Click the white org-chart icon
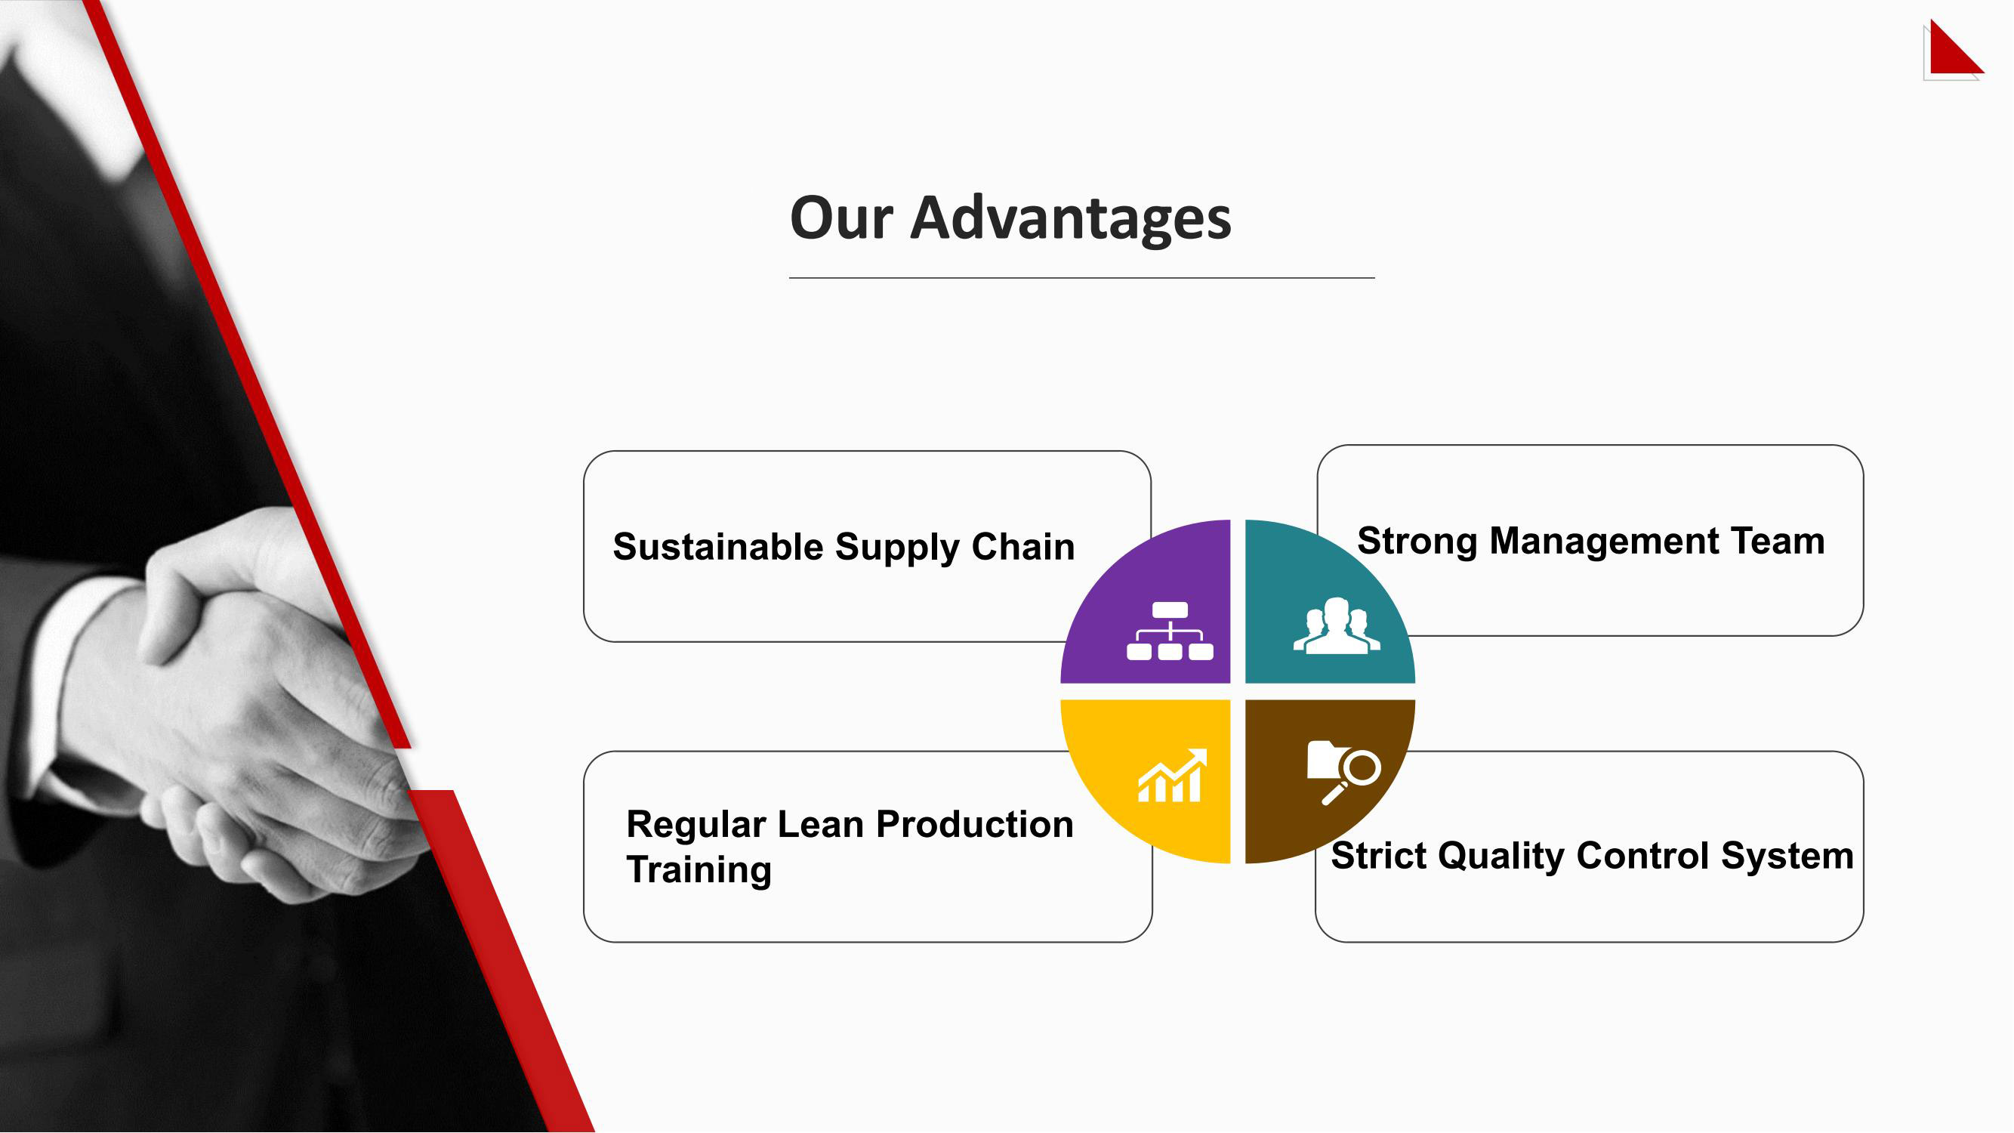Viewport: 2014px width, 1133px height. tap(1170, 631)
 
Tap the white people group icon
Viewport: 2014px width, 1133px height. tap(1336, 625)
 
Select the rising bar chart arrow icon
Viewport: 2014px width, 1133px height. tap(1172, 776)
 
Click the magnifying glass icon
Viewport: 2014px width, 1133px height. tap(1352, 776)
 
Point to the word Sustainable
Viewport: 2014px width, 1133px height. tap(717, 547)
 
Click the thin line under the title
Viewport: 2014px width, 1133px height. tap(1082, 277)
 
